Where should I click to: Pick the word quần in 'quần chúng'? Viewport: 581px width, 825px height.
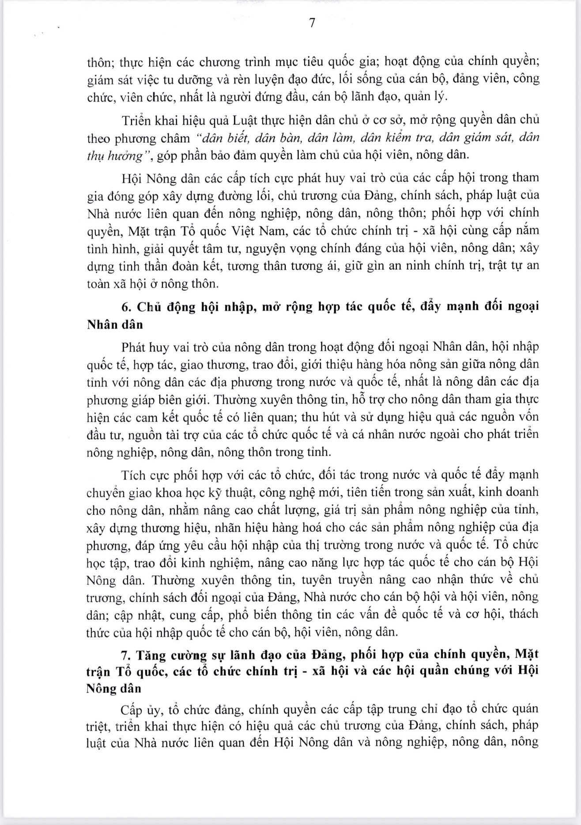[x=443, y=671]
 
